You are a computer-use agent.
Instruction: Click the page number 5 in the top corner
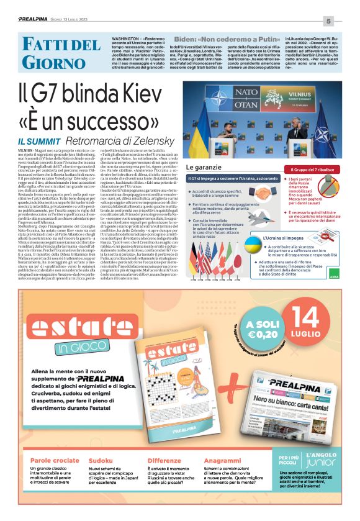(346, 22)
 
